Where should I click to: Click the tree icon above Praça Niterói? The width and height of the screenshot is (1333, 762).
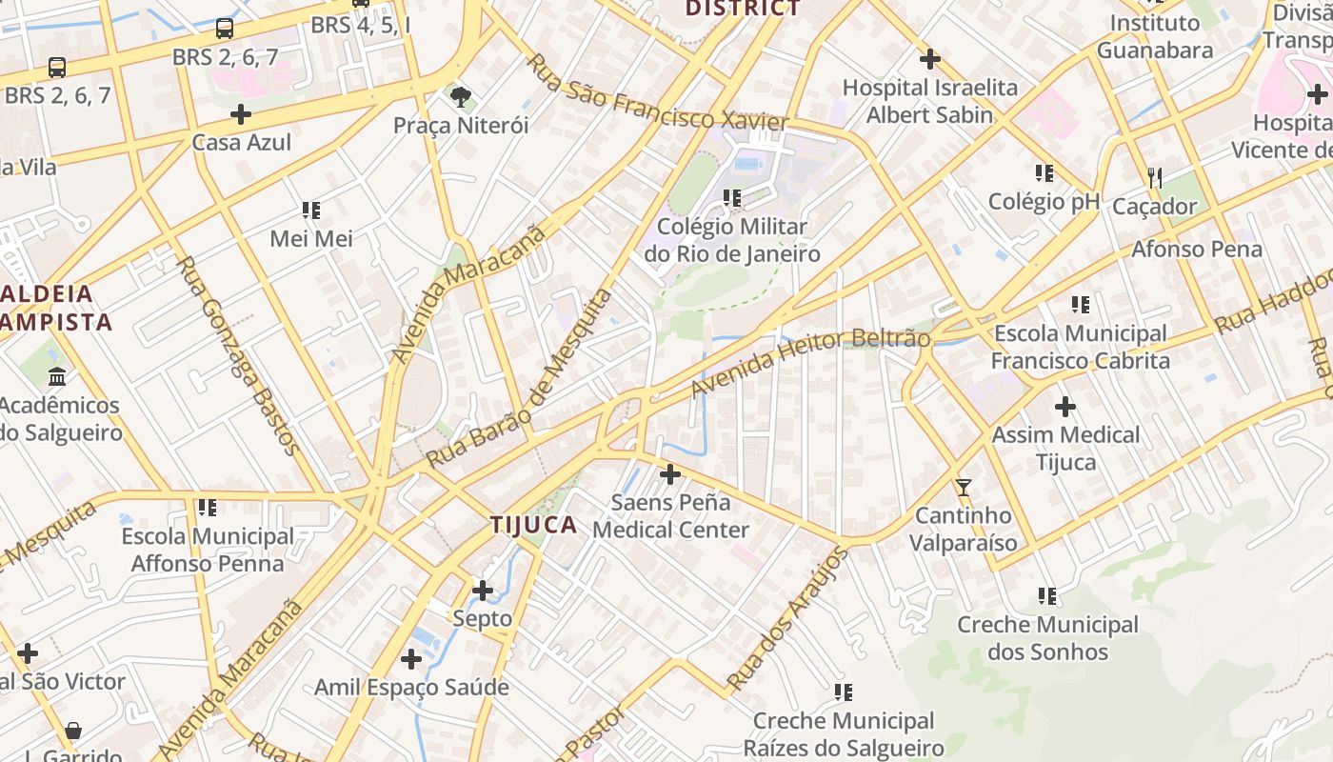[x=461, y=95]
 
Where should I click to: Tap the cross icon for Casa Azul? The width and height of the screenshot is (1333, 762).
[x=241, y=114]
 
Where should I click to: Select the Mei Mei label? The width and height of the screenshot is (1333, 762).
[x=311, y=238]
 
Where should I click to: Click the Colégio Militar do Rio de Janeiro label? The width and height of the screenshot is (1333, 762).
[x=732, y=240]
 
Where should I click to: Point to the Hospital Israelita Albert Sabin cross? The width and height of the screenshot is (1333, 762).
[x=930, y=59]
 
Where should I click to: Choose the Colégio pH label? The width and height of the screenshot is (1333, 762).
[x=1044, y=201]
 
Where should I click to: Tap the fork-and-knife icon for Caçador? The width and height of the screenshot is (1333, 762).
[x=1155, y=177]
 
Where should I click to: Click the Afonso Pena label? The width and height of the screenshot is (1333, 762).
[x=1197, y=250]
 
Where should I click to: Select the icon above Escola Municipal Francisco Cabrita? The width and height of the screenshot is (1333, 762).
[x=1081, y=305]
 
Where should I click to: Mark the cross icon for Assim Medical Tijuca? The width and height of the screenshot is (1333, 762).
[x=1065, y=408]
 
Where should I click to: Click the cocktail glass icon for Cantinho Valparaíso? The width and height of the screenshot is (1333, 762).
[x=964, y=488]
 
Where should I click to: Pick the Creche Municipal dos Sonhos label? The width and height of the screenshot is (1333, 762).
[x=1047, y=638]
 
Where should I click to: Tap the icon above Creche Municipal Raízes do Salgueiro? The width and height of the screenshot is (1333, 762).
[x=844, y=692]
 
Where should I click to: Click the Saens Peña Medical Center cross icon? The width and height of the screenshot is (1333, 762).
[x=670, y=473]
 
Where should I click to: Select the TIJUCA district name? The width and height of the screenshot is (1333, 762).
[x=534, y=525]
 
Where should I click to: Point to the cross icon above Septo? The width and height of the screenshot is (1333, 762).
[x=483, y=591]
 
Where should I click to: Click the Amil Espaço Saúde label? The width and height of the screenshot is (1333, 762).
[x=411, y=687]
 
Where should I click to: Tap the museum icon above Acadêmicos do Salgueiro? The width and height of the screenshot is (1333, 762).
[x=57, y=377]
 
